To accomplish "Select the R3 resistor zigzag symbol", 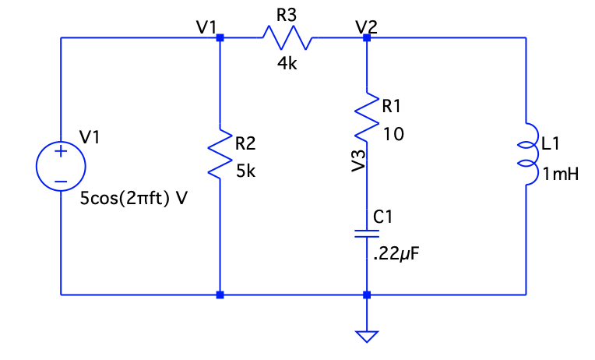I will (x=288, y=37).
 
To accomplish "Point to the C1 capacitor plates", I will (x=366, y=235).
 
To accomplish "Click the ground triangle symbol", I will (x=366, y=337).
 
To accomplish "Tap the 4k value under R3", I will (x=287, y=65).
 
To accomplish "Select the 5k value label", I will (x=245, y=172).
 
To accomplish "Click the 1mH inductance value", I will (x=561, y=175).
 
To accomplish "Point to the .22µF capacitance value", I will (x=397, y=255).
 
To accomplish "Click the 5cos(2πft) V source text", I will (x=133, y=198).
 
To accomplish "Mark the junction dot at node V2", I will (x=366, y=37).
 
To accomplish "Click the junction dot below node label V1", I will (x=220, y=37).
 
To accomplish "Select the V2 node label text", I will (x=366, y=25).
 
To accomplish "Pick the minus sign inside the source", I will (x=60, y=181).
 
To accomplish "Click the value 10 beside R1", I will (x=393, y=135).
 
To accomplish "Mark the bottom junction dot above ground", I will (x=366, y=295).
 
